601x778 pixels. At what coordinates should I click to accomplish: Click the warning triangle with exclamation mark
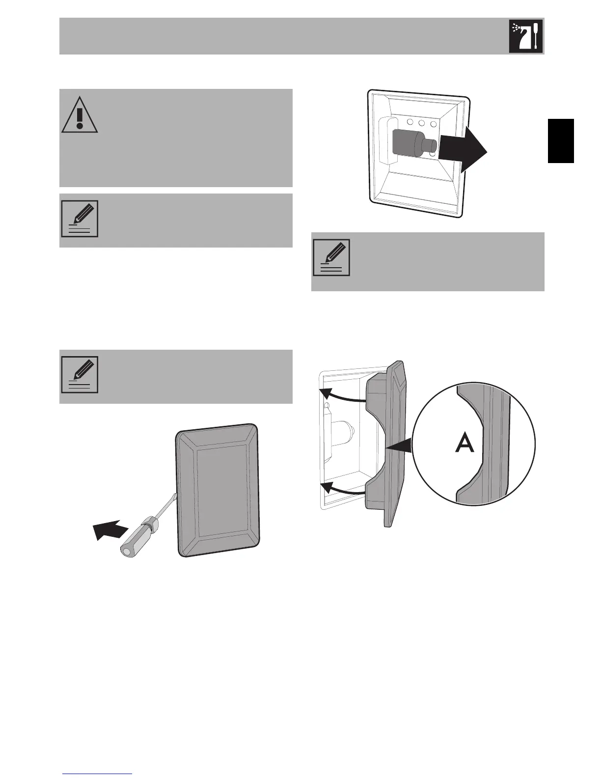[80, 114]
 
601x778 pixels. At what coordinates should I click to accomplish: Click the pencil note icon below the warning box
[80, 219]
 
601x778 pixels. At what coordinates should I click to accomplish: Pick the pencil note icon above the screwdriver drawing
[80, 374]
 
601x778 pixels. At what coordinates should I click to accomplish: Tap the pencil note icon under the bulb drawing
[331, 258]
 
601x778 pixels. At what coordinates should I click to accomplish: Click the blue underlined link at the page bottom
[98, 774]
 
